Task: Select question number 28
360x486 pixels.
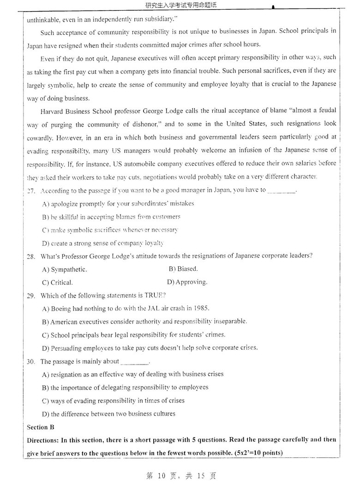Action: click(x=31, y=256)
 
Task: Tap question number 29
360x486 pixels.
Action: click(x=31, y=295)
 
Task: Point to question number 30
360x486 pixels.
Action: click(x=31, y=361)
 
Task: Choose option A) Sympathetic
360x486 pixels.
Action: click(x=64, y=269)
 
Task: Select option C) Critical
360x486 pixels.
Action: click(x=57, y=282)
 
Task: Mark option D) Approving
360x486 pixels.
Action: click(x=187, y=282)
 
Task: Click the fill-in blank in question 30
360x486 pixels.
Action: click(x=134, y=362)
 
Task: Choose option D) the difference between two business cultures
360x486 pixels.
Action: click(x=108, y=413)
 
